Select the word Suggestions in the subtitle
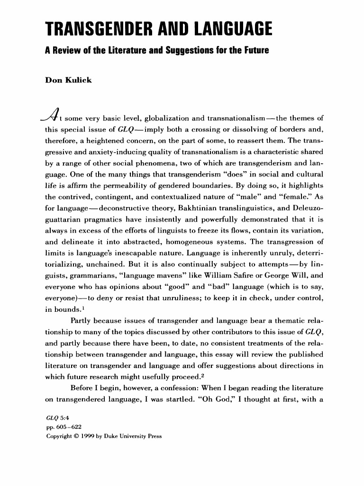(179, 51)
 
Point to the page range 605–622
(63, 428)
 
